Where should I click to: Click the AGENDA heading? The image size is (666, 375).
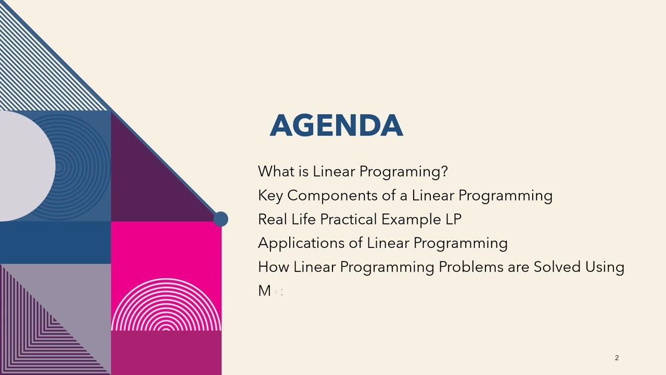point(336,126)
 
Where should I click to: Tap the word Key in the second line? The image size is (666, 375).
point(270,195)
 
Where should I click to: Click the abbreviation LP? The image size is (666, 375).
point(453,219)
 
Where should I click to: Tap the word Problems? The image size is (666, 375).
point(471,267)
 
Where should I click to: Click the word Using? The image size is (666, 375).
point(605,267)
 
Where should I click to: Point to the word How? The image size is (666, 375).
point(273,267)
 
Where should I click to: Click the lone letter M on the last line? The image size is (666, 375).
point(264,291)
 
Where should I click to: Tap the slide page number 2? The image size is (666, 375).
point(617,358)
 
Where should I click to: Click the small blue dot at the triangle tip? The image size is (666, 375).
point(221,219)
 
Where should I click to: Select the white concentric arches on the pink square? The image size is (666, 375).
point(166,307)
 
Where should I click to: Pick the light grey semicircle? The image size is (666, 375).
point(26,167)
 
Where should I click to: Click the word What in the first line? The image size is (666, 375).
point(276,171)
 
